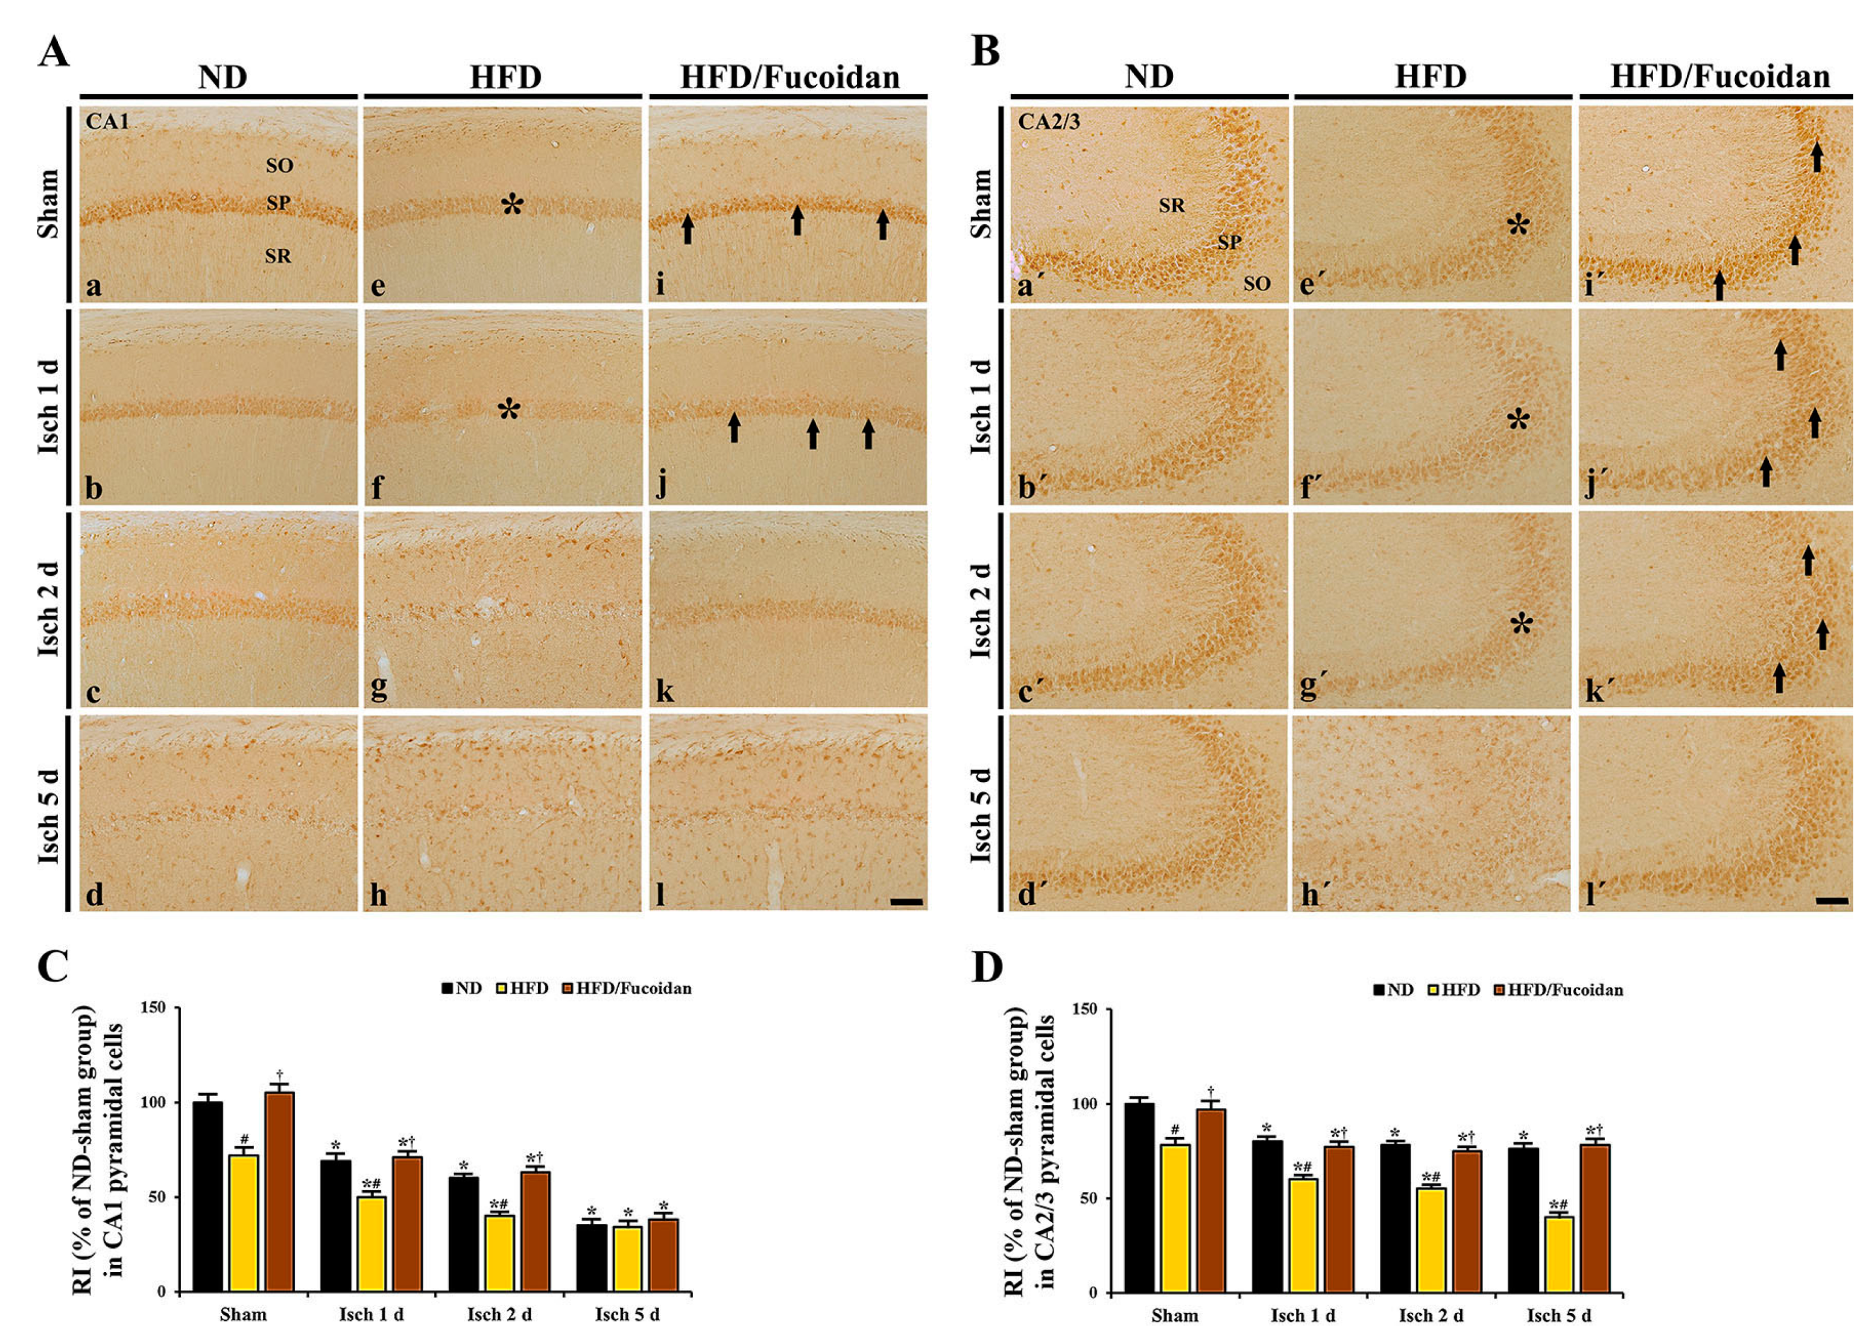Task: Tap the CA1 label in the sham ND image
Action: click(107, 122)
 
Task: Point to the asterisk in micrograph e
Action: click(513, 204)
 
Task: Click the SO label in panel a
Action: click(279, 165)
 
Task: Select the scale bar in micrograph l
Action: click(906, 901)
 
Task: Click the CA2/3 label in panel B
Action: click(1048, 122)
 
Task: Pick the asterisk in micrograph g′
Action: click(1521, 624)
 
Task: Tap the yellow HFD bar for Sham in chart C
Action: click(243, 1223)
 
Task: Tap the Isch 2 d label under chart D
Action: click(1431, 1315)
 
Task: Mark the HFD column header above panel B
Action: click(1431, 77)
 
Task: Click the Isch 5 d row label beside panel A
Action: click(49, 814)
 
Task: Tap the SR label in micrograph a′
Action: click(1171, 205)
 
